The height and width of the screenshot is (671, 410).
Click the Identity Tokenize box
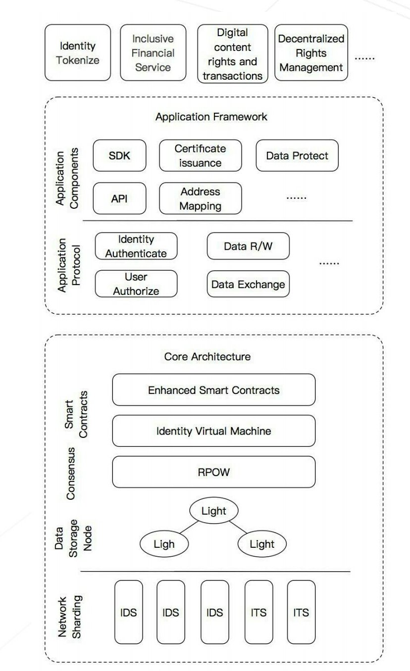[78, 53]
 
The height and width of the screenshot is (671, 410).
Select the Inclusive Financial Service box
[153, 53]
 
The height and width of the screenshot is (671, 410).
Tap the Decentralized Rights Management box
[311, 53]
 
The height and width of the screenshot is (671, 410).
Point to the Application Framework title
[211, 117]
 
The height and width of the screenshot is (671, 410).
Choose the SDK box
[119, 155]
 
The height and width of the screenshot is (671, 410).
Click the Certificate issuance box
[200, 155]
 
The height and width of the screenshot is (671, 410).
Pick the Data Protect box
[297, 155]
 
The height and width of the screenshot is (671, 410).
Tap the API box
[119, 198]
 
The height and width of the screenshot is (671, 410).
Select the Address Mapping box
[200, 198]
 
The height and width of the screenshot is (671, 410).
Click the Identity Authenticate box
[136, 246]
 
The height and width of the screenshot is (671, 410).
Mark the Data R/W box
[248, 246]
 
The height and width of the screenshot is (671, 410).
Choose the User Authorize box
[136, 284]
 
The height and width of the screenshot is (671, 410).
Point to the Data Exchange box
[248, 284]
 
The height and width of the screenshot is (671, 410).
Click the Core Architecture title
[207, 356]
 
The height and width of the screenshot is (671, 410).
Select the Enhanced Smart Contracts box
[213, 390]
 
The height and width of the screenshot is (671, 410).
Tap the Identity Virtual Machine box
[213, 431]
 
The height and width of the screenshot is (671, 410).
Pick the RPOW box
[213, 472]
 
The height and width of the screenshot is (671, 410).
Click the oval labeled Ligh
[164, 544]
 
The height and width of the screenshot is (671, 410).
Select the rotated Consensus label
[71, 474]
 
